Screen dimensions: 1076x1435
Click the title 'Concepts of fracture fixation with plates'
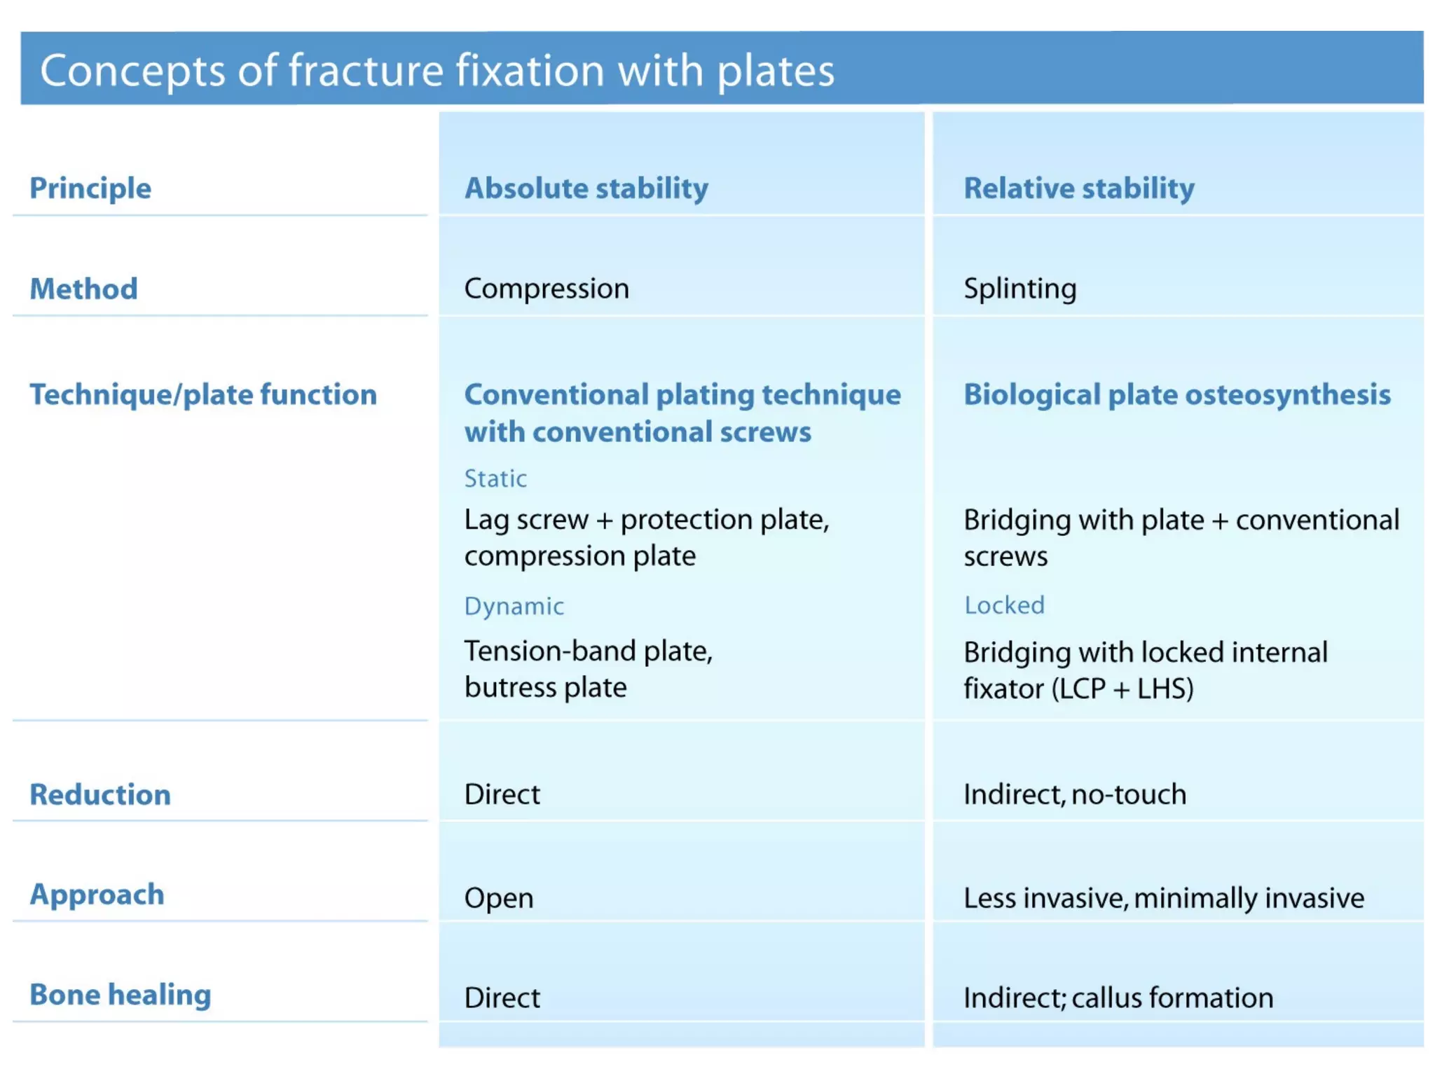(x=437, y=71)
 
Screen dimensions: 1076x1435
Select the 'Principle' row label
(x=90, y=188)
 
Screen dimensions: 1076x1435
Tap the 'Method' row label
(x=84, y=289)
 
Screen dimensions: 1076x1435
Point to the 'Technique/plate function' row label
(x=203, y=394)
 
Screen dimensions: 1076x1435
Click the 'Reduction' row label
(x=100, y=794)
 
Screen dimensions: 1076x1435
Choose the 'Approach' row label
(x=97, y=895)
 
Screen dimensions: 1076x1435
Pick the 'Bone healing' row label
(x=121, y=995)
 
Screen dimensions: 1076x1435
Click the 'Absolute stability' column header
(x=586, y=188)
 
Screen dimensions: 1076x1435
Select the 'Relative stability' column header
(x=1079, y=188)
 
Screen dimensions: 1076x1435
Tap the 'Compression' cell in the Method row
(x=547, y=289)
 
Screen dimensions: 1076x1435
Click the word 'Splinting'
(x=1019, y=289)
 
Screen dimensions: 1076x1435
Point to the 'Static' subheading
(x=495, y=478)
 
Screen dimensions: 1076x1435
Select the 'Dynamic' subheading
(x=514, y=606)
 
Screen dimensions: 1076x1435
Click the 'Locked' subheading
(x=1004, y=605)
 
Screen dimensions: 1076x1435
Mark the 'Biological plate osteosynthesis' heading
(x=1177, y=394)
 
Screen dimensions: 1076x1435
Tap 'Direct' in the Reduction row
(x=502, y=794)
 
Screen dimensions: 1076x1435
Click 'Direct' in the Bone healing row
(x=502, y=998)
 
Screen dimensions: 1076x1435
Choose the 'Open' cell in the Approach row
(x=499, y=898)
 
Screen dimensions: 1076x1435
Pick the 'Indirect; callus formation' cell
(x=1118, y=998)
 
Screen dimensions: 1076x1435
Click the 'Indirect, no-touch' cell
(x=1075, y=794)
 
